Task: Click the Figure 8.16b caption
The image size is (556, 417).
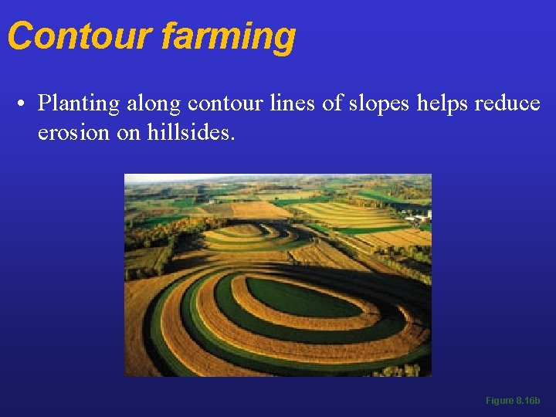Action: point(513,401)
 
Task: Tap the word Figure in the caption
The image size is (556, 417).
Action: point(499,401)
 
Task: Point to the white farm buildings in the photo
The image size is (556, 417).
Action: point(419,217)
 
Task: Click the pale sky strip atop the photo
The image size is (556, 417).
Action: point(278,177)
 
